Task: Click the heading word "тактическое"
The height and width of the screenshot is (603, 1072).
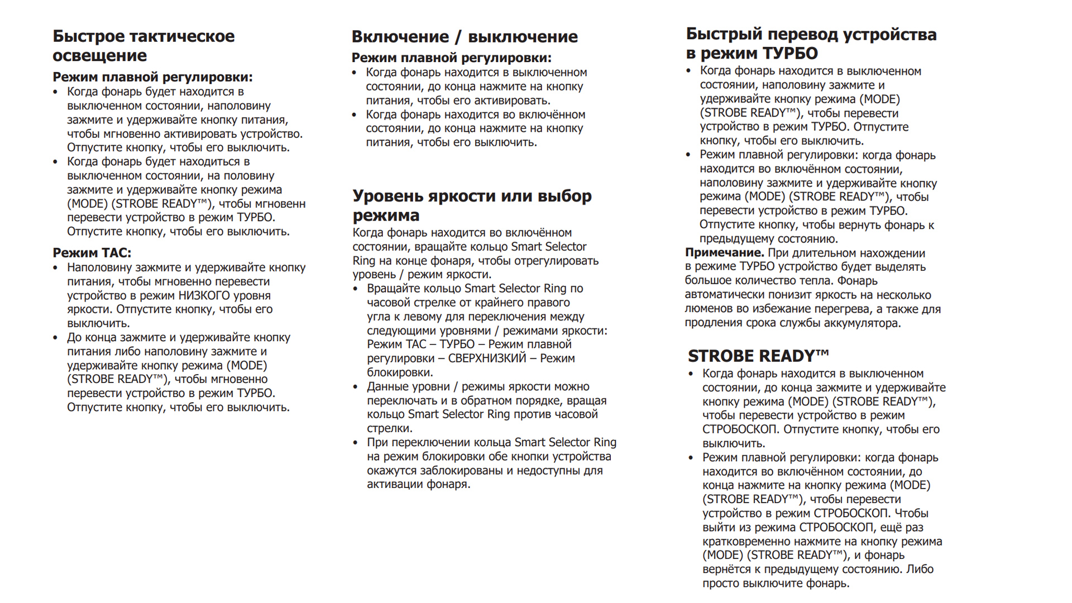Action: point(182,36)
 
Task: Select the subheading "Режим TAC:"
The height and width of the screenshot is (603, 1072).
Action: point(92,253)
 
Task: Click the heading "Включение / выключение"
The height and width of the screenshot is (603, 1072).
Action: point(465,37)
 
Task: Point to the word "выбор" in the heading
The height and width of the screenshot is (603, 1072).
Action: point(564,196)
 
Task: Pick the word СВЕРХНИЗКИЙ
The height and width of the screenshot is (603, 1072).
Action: point(487,358)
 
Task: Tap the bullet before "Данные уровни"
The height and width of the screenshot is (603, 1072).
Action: point(356,387)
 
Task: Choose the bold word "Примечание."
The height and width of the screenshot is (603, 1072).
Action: point(724,253)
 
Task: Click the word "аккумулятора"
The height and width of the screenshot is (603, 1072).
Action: point(865,323)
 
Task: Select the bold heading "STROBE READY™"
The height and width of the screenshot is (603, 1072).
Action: point(758,356)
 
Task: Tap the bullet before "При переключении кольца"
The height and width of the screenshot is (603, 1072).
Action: point(356,443)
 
